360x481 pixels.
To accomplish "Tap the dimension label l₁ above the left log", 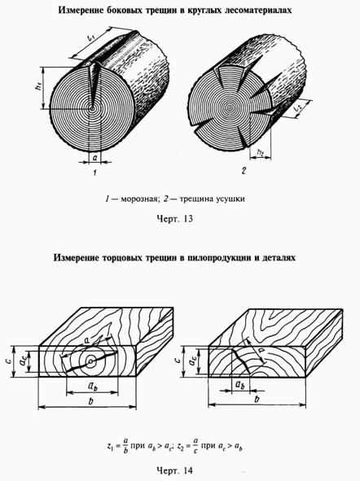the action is [90, 39].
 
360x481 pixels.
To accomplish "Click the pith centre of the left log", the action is [91, 108].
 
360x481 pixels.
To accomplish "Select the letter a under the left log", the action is [94, 158].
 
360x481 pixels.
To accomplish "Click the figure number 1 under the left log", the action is [94, 173].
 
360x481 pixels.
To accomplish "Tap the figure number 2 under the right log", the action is [244, 171].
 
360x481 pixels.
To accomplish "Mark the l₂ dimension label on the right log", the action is [297, 108].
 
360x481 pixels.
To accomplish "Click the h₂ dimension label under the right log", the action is [261, 152].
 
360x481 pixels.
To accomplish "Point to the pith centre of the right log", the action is [229, 107].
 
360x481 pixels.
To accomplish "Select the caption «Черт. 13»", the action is [174, 219].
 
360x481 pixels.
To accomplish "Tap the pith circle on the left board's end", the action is [90, 362].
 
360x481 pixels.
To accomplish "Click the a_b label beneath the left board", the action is [93, 386].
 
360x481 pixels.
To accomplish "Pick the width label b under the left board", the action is [90, 401].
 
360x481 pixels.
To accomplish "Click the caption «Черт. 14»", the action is [174, 470].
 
